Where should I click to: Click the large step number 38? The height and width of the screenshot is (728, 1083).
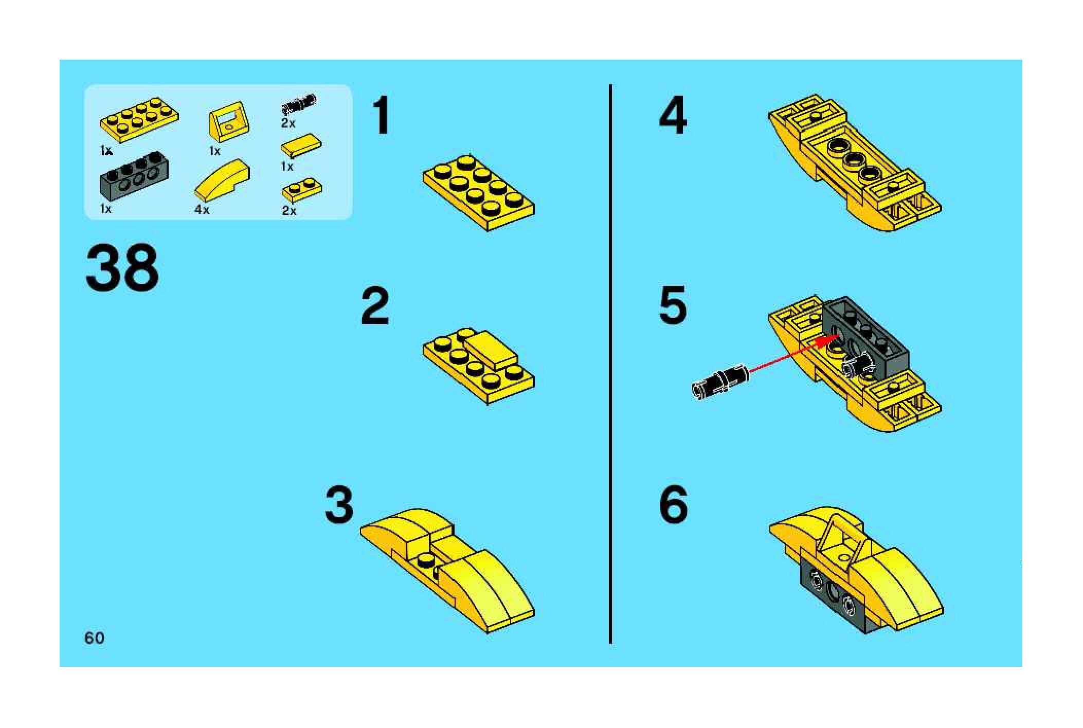coord(122,268)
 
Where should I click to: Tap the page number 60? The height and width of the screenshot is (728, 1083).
coord(95,638)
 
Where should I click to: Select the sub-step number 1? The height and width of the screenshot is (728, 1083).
coord(381,116)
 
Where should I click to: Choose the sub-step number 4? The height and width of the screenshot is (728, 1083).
coord(673,116)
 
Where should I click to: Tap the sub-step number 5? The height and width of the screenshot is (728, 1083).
coord(673,306)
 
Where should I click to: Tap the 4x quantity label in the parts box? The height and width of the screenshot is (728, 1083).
coord(202,210)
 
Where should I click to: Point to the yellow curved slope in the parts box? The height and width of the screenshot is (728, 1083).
coord(223,180)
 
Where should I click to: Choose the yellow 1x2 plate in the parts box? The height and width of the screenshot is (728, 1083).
coord(302,190)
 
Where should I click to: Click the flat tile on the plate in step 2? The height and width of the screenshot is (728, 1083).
coord(491,350)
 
